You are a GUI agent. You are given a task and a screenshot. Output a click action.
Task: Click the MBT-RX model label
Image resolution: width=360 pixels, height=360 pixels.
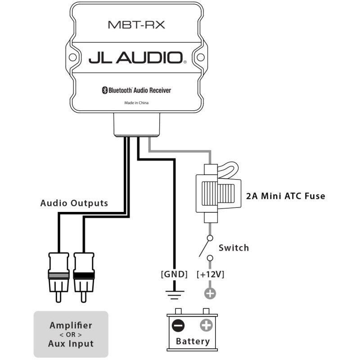click(x=136, y=25)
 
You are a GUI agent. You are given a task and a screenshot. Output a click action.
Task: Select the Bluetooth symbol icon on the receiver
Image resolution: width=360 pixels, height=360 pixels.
click(x=104, y=90)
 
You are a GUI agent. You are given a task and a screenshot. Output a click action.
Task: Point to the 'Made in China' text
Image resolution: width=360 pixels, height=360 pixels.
click(x=136, y=103)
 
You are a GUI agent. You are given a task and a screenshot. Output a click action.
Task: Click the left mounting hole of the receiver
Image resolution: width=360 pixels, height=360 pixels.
click(x=72, y=57)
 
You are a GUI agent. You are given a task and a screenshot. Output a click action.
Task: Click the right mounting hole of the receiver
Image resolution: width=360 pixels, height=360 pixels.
click(x=200, y=57)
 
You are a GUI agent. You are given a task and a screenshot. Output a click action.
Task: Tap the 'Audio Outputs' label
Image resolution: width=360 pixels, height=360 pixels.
click(x=74, y=203)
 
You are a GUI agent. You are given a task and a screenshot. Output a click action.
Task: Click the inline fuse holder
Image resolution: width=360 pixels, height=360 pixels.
click(x=218, y=193)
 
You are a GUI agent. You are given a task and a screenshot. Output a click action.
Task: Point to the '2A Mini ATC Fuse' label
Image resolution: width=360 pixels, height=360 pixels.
click(x=286, y=196)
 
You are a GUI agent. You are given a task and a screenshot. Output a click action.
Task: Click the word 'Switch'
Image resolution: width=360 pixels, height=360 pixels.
click(x=234, y=248)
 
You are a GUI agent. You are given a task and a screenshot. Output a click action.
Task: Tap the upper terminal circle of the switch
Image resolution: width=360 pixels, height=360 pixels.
click(x=210, y=238)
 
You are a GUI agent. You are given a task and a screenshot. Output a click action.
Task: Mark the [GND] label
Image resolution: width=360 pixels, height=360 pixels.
click(x=174, y=274)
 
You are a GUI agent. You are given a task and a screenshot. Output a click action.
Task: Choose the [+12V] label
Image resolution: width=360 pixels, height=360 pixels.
click(x=210, y=274)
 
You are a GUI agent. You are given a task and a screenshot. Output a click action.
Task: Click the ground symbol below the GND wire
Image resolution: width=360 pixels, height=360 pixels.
click(x=175, y=295)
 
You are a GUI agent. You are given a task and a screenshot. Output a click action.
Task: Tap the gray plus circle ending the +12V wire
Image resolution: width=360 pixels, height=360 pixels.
click(x=210, y=293)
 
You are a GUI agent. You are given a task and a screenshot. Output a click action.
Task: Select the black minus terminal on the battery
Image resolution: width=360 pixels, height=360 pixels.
click(x=178, y=325)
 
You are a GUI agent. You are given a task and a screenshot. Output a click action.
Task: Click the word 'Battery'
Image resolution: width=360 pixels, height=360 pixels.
click(x=193, y=342)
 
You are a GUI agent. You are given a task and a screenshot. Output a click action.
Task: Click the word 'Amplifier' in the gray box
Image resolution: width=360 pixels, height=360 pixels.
click(x=71, y=325)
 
